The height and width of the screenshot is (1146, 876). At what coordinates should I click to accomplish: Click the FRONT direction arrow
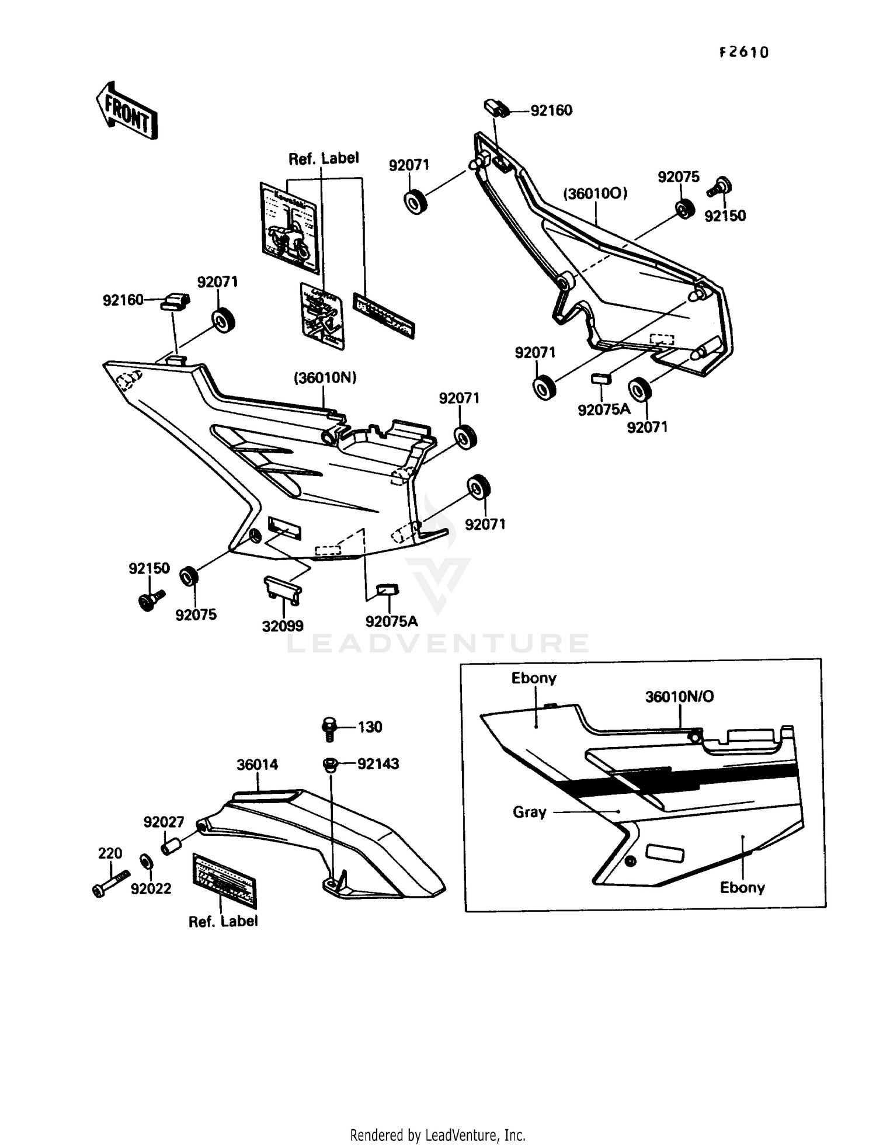point(127,111)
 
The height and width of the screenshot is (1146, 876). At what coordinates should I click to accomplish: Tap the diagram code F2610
point(743,53)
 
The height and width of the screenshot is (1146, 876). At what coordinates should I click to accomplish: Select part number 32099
point(283,626)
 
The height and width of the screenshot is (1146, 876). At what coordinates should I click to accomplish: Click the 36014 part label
point(257,765)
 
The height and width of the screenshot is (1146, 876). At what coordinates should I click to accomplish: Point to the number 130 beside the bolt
point(370,727)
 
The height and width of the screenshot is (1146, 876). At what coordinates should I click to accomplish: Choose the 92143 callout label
point(378,763)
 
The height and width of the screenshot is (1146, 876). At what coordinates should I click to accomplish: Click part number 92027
point(164,822)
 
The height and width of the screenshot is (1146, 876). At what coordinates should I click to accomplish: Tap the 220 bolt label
point(110,853)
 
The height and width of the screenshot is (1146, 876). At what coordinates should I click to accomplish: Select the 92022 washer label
point(151,888)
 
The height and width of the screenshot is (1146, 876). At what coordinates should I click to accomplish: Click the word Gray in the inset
point(529,812)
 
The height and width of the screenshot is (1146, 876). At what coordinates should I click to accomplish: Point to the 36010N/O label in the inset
point(679,696)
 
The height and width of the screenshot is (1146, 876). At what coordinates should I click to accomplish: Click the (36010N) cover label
point(325,378)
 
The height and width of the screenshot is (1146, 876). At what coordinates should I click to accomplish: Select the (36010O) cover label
point(595,193)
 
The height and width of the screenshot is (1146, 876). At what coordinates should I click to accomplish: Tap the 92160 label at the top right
point(551,110)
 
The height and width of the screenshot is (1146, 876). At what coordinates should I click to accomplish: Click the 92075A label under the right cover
point(604,409)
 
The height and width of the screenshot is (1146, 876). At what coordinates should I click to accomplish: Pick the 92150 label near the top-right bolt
point(725,216)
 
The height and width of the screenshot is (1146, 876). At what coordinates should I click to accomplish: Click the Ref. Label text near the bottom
point(223,921)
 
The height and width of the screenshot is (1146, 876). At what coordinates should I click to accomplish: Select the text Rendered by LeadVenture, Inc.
point(437,1135)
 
